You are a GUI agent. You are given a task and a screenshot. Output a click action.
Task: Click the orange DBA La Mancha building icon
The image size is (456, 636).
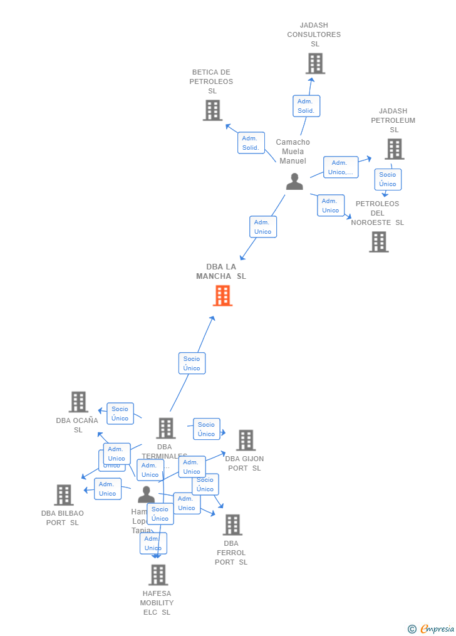(222, 296)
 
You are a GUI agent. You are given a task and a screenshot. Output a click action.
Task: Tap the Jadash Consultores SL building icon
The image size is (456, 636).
(315, 63)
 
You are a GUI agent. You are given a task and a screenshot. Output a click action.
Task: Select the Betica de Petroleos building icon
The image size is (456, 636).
(212, 110)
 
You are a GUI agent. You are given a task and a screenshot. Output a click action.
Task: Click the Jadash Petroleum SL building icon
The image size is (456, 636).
(394, 149)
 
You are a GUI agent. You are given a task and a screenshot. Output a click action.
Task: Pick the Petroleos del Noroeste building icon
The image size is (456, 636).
(378, 242)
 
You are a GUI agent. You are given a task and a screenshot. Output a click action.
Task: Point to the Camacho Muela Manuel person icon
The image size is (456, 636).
(294, 182)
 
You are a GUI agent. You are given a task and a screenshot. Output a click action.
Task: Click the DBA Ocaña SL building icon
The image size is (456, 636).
(78, 402)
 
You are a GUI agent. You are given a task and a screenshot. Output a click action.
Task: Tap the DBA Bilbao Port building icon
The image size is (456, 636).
(63, 495)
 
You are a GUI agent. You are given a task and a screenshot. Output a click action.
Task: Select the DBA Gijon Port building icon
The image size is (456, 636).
(246, 441)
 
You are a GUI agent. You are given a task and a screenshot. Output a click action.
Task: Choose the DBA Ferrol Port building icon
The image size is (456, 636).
(232, 525)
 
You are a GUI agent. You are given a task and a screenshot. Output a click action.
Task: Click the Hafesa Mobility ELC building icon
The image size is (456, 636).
(158, 575)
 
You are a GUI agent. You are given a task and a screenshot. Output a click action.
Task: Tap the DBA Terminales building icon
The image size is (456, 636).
(165, 429)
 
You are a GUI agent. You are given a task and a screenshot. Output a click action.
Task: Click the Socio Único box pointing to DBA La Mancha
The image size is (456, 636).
(192, 363)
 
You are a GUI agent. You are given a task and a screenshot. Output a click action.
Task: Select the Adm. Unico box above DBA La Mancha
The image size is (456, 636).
(262, 227)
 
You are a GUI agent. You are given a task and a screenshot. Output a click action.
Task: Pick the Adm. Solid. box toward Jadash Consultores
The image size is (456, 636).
(306, 106)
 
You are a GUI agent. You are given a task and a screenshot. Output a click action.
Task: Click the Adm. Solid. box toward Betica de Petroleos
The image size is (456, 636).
(251, 143)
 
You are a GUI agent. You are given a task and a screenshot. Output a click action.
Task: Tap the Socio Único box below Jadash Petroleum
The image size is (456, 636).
(388, 179)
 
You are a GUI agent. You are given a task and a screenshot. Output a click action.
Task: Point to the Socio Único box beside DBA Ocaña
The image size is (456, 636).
(120, 414)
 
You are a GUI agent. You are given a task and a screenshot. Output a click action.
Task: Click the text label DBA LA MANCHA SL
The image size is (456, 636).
(221, 271)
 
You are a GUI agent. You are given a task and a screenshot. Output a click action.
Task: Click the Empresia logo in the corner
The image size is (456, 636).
(432, 628)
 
